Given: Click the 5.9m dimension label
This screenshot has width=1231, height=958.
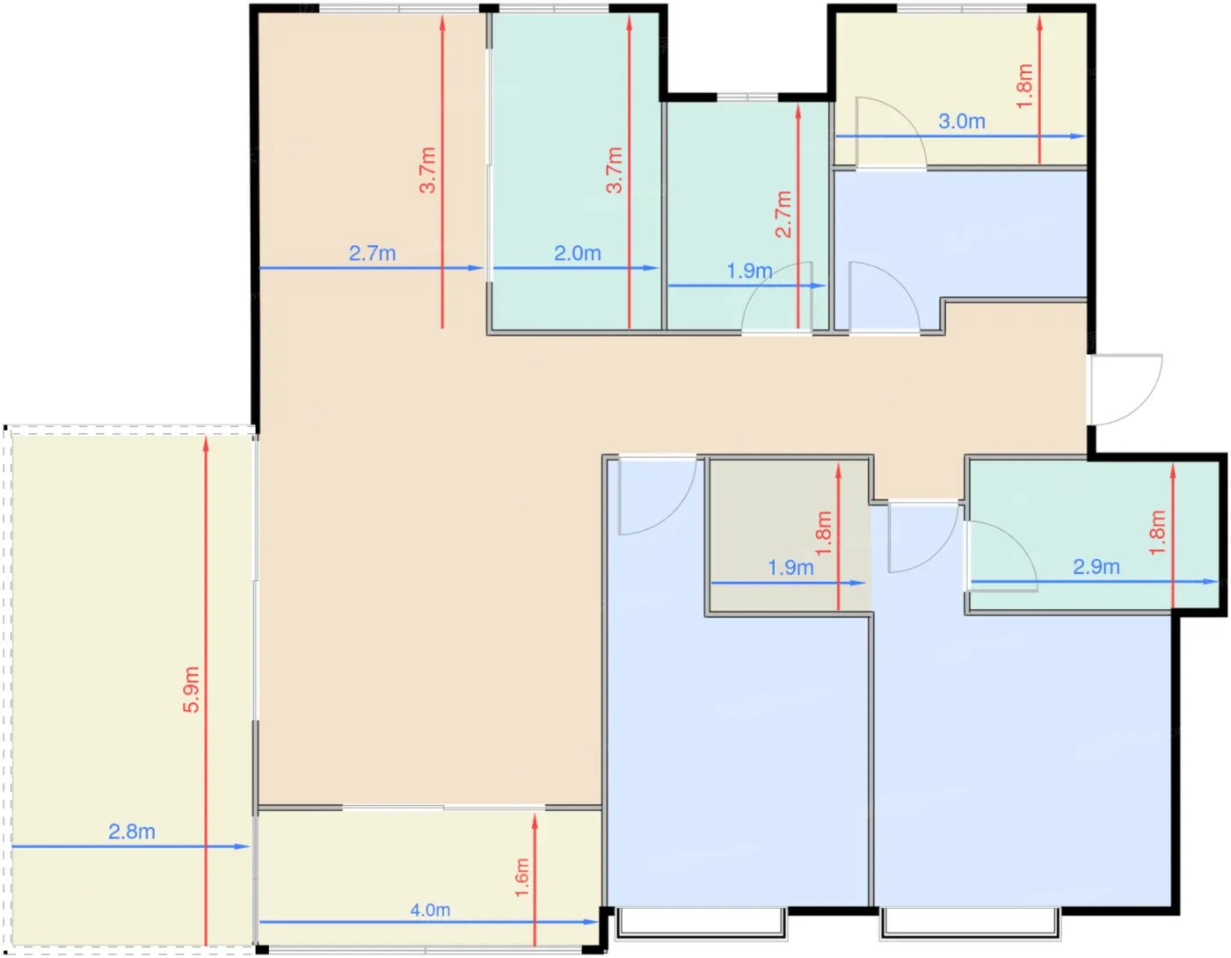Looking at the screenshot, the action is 191,689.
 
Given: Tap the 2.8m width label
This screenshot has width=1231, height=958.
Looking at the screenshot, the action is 131,831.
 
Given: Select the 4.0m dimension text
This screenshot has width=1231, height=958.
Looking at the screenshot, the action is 430,910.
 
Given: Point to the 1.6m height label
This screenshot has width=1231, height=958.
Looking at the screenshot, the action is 521,878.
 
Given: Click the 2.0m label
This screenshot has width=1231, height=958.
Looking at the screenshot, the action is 577,253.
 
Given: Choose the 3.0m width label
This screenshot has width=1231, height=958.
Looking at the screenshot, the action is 961,120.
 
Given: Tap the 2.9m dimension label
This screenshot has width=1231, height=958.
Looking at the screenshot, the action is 1096,567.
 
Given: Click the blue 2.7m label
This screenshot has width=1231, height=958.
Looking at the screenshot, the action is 372,253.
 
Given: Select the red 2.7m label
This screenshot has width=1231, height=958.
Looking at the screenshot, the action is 783,214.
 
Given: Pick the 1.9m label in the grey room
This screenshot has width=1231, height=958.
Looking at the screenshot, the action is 790,567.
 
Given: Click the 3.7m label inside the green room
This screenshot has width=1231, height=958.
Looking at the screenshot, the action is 614,170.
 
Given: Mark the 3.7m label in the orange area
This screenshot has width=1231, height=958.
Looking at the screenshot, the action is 427,170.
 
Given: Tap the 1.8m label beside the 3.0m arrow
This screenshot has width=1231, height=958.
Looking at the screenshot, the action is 1024,86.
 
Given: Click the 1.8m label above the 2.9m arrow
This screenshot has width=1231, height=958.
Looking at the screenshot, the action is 1157,533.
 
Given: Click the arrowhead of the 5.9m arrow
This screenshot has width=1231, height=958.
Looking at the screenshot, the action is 206,443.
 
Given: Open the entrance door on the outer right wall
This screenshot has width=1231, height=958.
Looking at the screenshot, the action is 1125,389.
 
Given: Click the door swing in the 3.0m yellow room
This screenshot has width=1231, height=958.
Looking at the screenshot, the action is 891,132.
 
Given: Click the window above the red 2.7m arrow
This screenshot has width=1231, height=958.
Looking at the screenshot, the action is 747,98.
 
